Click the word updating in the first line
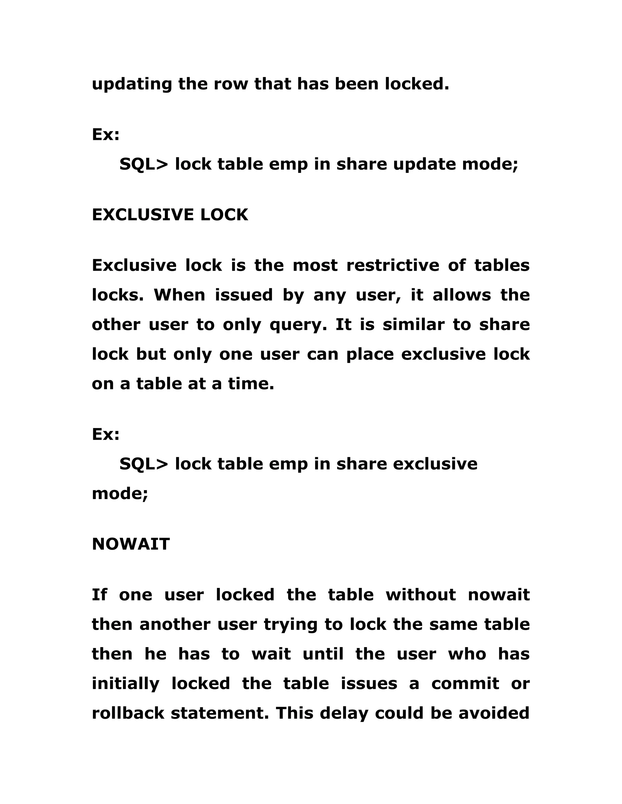pos(132,84)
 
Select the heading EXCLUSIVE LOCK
pos(170,215)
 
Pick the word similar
pos(413,324)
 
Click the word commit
pos(465,683)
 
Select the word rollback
pos(128,713)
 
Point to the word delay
pos(344,713)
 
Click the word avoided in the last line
pos(494,713)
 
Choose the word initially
pos(126,684)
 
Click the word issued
pos(244,295)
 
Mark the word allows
pos(462,295)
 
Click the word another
pos(175,624)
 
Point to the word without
pos(421,595)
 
